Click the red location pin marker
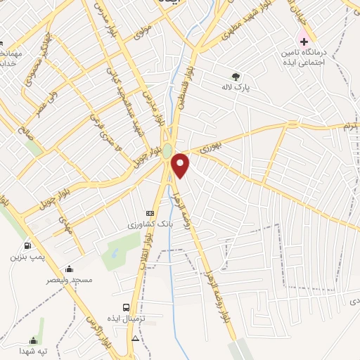(181, 165)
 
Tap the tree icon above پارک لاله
(235, 77)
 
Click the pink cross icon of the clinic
(304, 41)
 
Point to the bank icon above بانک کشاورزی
(149, 212)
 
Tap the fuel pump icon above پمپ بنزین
(27, 245)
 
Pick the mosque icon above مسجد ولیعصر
(69, 269)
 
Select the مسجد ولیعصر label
(69, 280)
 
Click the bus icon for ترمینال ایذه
(126, 307)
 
